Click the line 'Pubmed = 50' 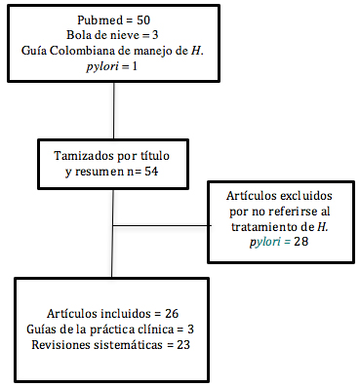coord(115,20)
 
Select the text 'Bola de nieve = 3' coord(115,36)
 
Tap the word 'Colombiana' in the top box coord(108,51)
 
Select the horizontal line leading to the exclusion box coord(161,227)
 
